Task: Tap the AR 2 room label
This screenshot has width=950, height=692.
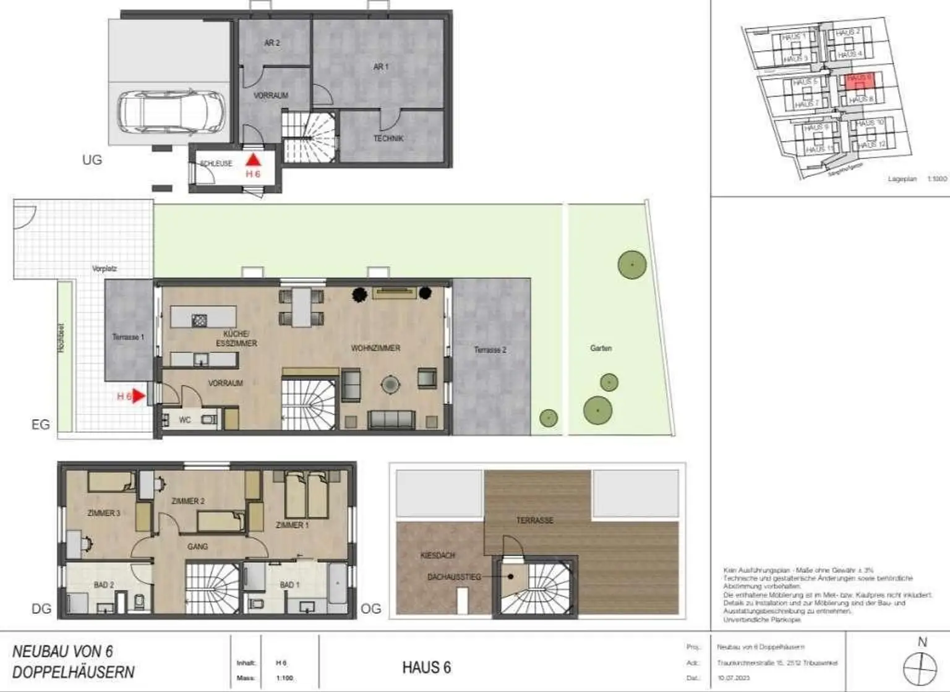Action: point(272,43)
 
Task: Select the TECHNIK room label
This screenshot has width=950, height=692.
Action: point(388,139)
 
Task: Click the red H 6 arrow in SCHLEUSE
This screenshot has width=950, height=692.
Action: point(253,160)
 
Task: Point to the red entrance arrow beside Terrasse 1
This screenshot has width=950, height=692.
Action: point(139,396)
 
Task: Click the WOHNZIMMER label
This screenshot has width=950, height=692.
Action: point(375,348)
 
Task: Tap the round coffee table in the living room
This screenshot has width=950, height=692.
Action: point(390,385)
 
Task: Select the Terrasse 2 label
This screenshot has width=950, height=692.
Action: point(490,350)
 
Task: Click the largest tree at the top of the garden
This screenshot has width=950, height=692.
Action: point(632,265)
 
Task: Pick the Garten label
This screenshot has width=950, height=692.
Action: point(601,348)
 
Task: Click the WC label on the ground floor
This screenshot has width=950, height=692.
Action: point(184,420)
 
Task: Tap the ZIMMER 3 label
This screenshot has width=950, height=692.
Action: point(104,513)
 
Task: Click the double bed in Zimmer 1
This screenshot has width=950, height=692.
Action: point(307,494)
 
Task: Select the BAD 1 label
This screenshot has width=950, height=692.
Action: point(289,584)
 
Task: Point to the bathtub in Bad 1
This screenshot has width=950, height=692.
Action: point(338,585)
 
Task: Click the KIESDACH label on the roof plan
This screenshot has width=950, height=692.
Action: point(437,555)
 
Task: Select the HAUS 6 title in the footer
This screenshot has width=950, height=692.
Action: point(426,667)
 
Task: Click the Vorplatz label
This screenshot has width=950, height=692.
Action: point(104,269)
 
